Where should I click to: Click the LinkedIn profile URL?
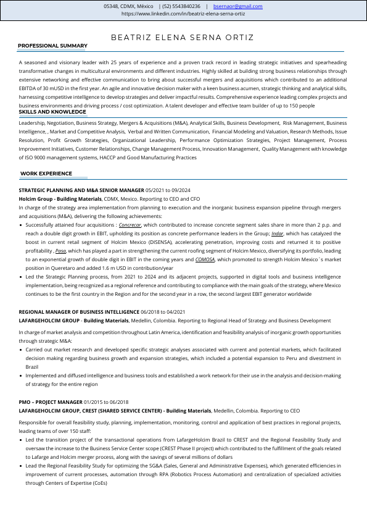(x=183, y=13)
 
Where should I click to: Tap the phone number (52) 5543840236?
(x=182, y=6)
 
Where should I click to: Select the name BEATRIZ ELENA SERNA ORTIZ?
(x=183, y=38)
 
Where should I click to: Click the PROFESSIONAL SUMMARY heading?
(x=52, y=46)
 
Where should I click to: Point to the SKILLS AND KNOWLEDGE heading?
(x=52, y=112)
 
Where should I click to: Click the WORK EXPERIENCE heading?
(x=46, y=174)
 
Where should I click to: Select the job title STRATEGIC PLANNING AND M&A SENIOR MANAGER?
(x=81, y=190)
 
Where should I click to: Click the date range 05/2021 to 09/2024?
(x=168, y=190)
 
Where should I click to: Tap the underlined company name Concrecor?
(x=130, y=225)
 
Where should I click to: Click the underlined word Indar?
(x=277, y=234)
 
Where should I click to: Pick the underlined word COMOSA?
(x=205, y=260)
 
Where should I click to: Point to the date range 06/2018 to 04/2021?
(x=163, y=312)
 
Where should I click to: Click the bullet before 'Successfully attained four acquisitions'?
(x=22, y=226)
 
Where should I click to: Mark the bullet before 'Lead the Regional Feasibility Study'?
(x=22, y=466)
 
